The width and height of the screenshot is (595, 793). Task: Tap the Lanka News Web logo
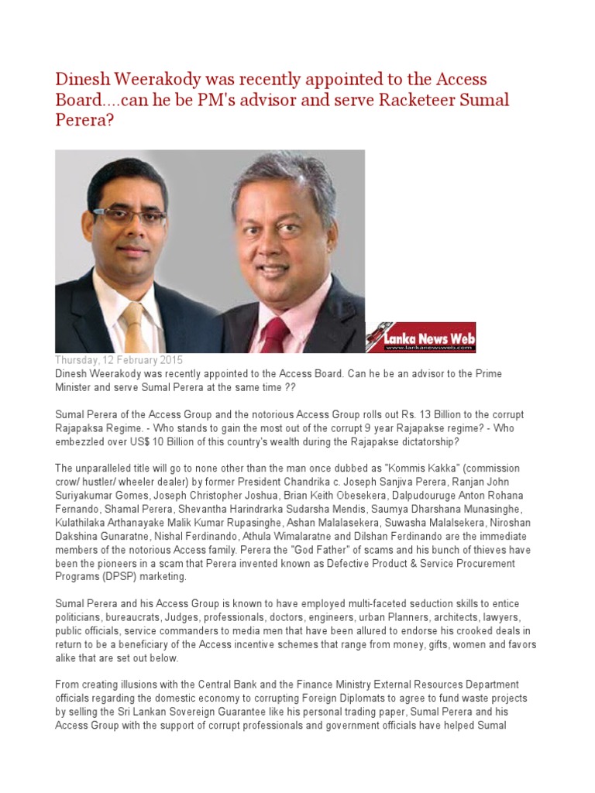[421, 338]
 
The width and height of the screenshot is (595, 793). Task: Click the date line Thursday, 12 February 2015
[119, 361]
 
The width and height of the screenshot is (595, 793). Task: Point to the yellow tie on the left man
[133, 324]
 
